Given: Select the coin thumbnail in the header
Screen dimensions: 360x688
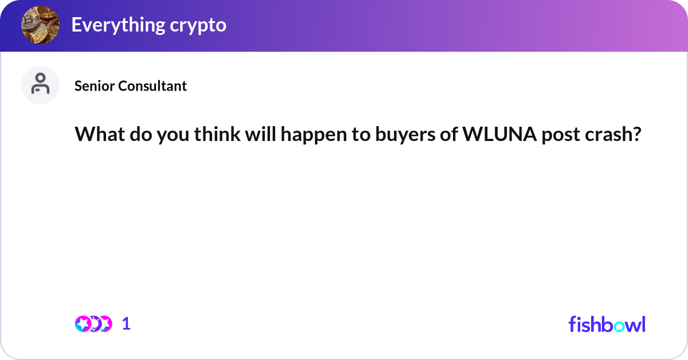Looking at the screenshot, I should [40, 25].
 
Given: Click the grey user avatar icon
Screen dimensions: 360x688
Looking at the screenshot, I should [40, 85].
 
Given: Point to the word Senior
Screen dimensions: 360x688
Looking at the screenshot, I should [95, 86].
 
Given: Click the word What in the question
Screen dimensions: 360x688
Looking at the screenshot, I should [95, 135].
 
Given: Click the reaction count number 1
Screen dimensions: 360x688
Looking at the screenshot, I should [126, 324].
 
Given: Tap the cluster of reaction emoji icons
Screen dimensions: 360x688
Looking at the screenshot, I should [93, 324].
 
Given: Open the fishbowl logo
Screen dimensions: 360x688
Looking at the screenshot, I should [607, 324].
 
